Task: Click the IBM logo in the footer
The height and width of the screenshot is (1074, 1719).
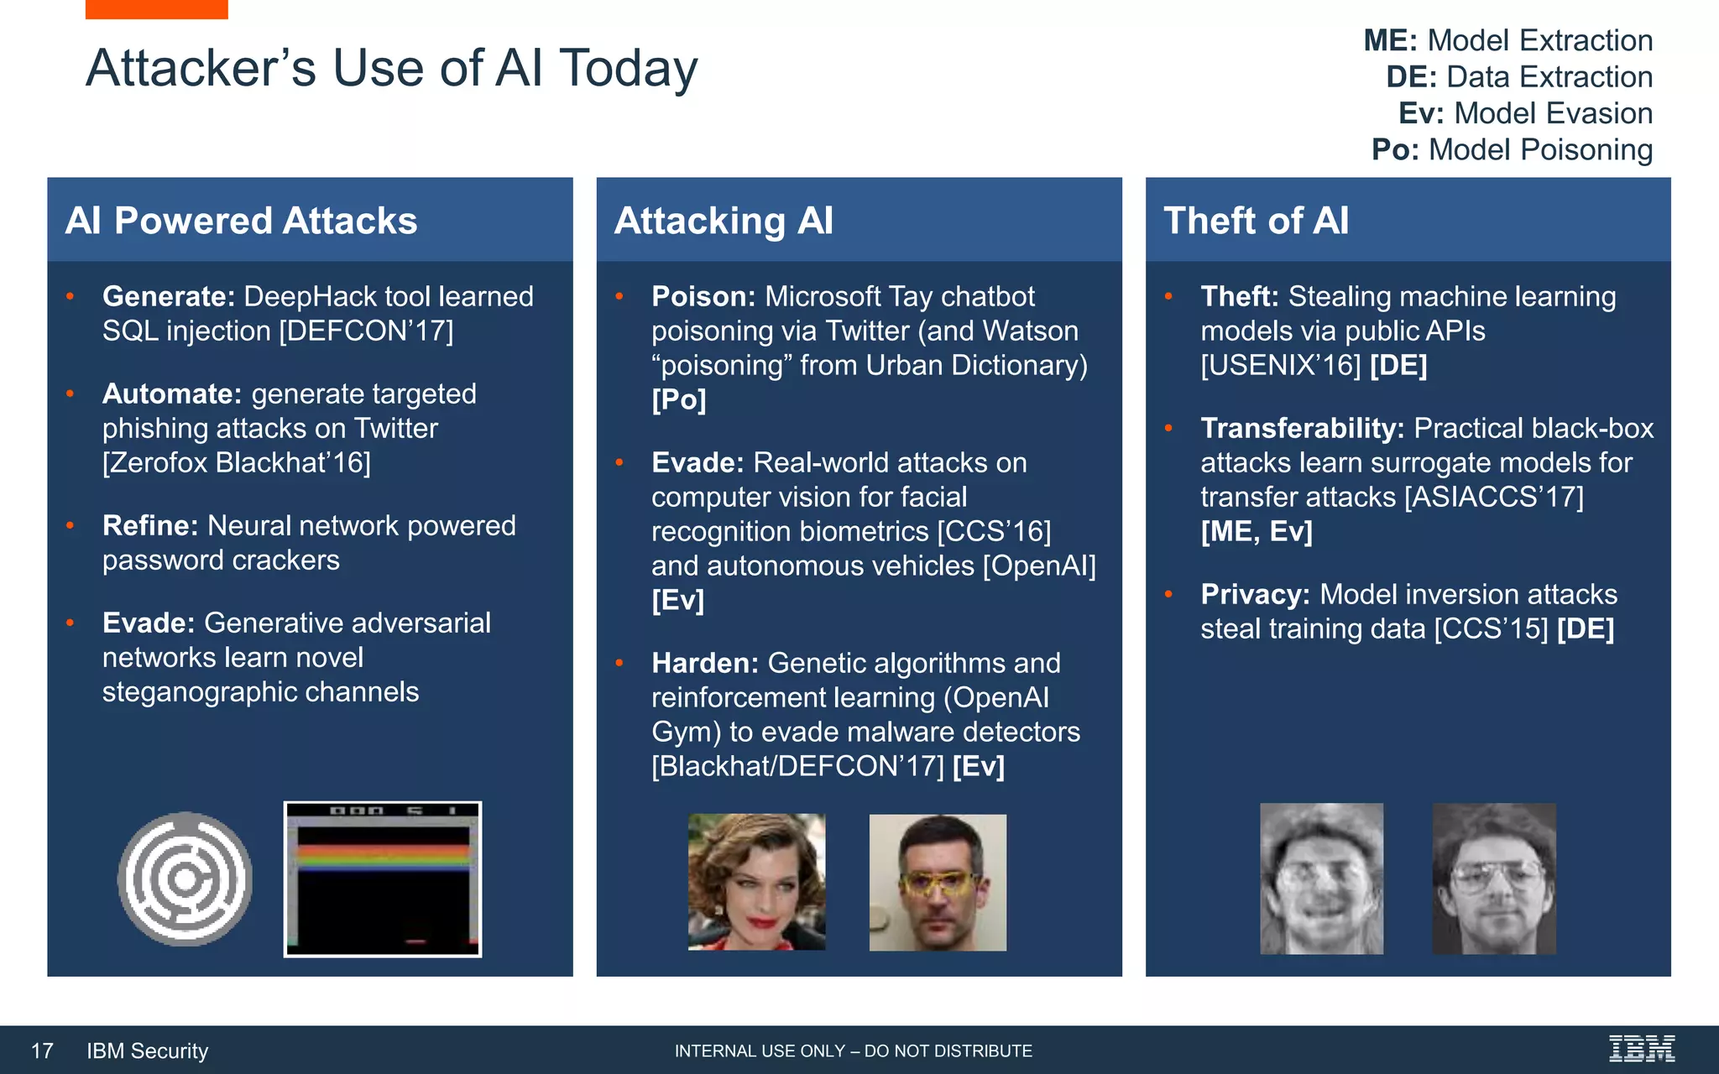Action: [x=1641, y=1049]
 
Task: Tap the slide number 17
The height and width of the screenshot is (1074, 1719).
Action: [x=42, y=1051]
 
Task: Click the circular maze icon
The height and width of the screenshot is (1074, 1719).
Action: [x=185, y=878]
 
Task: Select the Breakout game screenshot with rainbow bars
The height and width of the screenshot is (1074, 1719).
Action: [x=383, y=878]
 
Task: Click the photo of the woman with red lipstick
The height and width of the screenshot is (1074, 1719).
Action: [x=756, y=882]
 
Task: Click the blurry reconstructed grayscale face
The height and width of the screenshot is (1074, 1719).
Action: [x=1321, y=878]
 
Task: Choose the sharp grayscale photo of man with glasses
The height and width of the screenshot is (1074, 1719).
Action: [x=1493, y=878]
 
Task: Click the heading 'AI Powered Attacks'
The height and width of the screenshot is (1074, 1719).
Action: [x=241, y=221]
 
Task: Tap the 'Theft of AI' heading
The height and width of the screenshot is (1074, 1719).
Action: [x=1256, y=221]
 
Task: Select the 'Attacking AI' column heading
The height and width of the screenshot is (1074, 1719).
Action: [x=724, y=221]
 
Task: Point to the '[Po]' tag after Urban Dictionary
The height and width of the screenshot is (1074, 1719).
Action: [x=678, y=400]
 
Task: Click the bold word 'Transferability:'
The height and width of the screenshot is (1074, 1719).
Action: [x=1302, y=429]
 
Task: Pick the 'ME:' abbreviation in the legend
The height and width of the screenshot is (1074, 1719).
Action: [x=1390, y=40]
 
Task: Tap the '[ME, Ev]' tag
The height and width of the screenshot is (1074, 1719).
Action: [x=1256, y=532]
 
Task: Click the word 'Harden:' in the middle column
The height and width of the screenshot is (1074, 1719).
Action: [x=705, y=664]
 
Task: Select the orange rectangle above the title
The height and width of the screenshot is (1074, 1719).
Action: [x=156, y=8]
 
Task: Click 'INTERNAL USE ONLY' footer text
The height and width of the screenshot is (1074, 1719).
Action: [x=760, y=1051]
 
